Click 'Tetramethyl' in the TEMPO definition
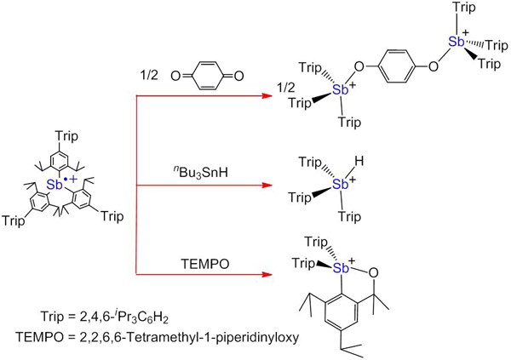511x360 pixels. pyautogui.click(x=152, y=338)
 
